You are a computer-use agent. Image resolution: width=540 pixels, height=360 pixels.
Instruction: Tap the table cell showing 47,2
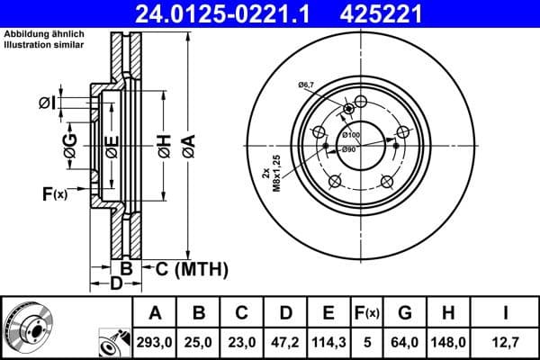click(286, 342)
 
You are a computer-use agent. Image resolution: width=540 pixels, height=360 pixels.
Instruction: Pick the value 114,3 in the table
click(329, 342)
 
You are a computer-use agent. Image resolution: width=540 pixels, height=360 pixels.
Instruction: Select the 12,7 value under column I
click(505, 342)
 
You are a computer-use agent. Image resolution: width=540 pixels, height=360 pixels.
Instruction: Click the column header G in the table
click(404, 313)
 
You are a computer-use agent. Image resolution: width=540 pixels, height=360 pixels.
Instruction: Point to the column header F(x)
click(366, 313)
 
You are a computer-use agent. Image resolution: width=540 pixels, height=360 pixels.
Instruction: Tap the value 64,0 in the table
click(404, 342)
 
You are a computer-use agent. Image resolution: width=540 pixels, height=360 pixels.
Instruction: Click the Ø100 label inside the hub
click(349, 135)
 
